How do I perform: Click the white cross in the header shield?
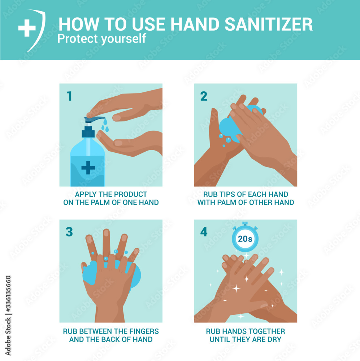pyautogui.click(x=27, y=28)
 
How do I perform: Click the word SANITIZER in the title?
pyautogui.click(x=269, y=24)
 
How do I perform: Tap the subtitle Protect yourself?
pyautogui.click(x=101, y=39)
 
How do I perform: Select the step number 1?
pyautogui.click(x=69, y=96)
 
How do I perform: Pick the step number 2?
pyautogui.click(x=204, y=96)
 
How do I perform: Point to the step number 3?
pyautogui.click(x=69, y=232)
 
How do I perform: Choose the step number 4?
pyautogui.click(x=204, y=232)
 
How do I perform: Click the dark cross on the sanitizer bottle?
pyautogui.click(x=88, y=168)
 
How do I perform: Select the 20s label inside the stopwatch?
pyautogui.click(x=245, y=239)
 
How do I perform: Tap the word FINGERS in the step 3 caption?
pyautogui.click(x=144, y=331)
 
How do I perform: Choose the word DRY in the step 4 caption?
pyautogui.click(x=274, y=339)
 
